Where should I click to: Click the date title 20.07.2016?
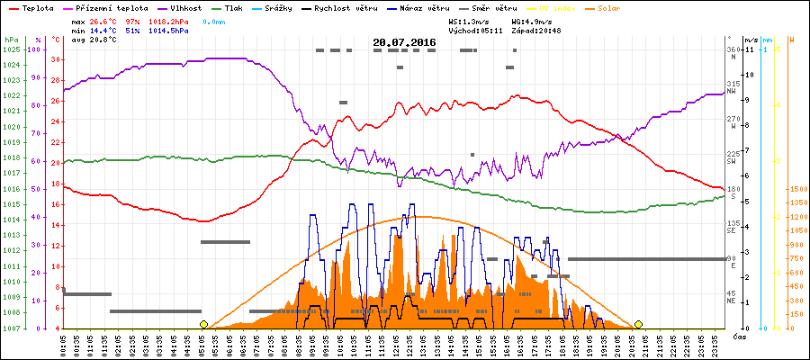[404, 41]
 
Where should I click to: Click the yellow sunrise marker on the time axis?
[204, 324]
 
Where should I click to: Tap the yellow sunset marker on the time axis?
[638, 324]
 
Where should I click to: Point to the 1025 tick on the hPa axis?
[11, 49]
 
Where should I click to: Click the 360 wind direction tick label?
[733, 49]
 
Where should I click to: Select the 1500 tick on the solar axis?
[796, 189]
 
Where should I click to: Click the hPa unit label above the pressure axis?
[11, 40]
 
